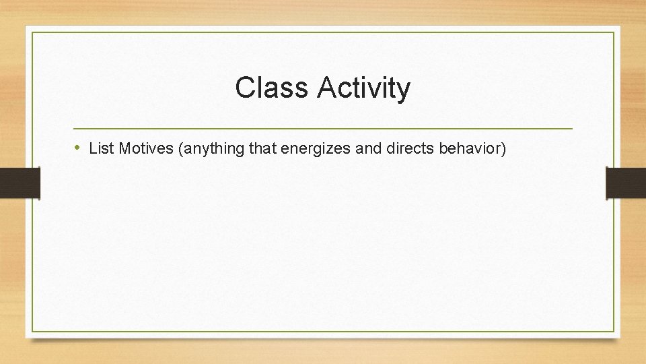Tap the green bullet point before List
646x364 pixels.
pyautogui.click(x=78, y=148)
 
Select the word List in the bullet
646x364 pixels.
pyautogui.click(x=101, y=148)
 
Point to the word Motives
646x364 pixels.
pyautogui.click(x=146, y=148)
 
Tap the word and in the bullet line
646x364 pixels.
pyautogui.click(x=368, y=148)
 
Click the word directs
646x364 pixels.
pyautogui.click(x=411, y=148)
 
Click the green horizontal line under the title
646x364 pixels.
pyautogui.click(x=323, y=128)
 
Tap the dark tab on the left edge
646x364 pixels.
pyautogui.click(x=20, y=183)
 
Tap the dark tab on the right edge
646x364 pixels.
pyautogui.click(x=626, y=183)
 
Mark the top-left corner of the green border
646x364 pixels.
pyautogui.click(x=32, y=32)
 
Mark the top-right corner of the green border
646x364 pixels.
pyautogui.click(x=614, y=32)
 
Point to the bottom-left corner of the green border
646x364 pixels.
pyautogui.click(x=32, y=331)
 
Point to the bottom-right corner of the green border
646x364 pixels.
pyautogui.click(x=614, y=331)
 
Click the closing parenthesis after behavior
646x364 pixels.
pyautogui.click(x=503, y=148)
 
